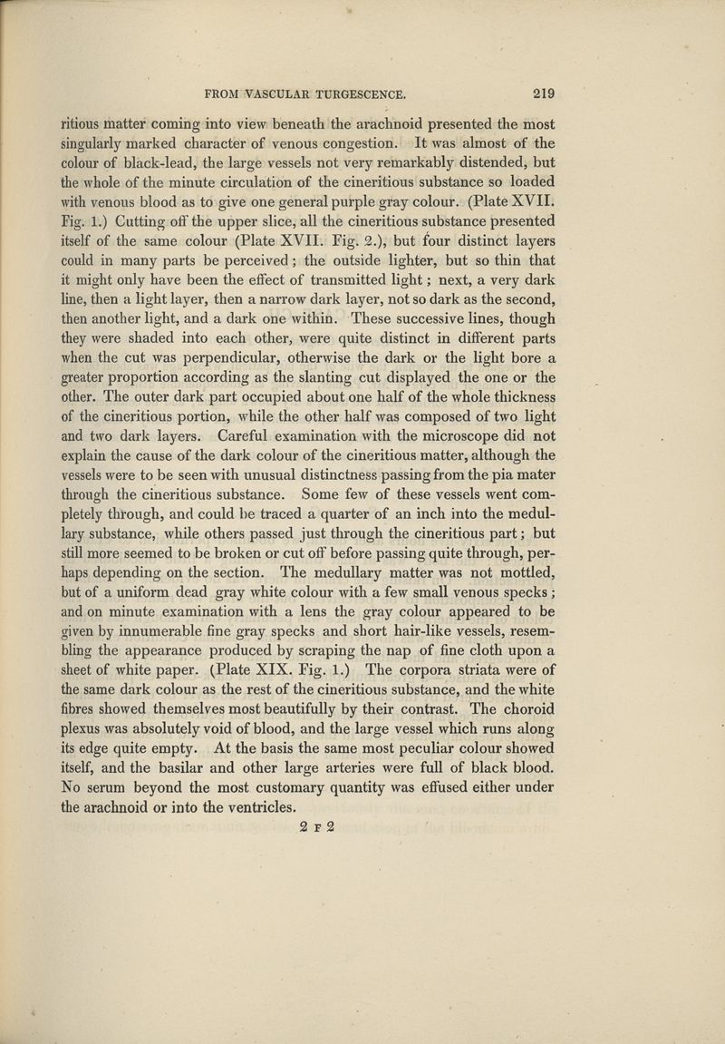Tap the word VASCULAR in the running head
tap(272, 92)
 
